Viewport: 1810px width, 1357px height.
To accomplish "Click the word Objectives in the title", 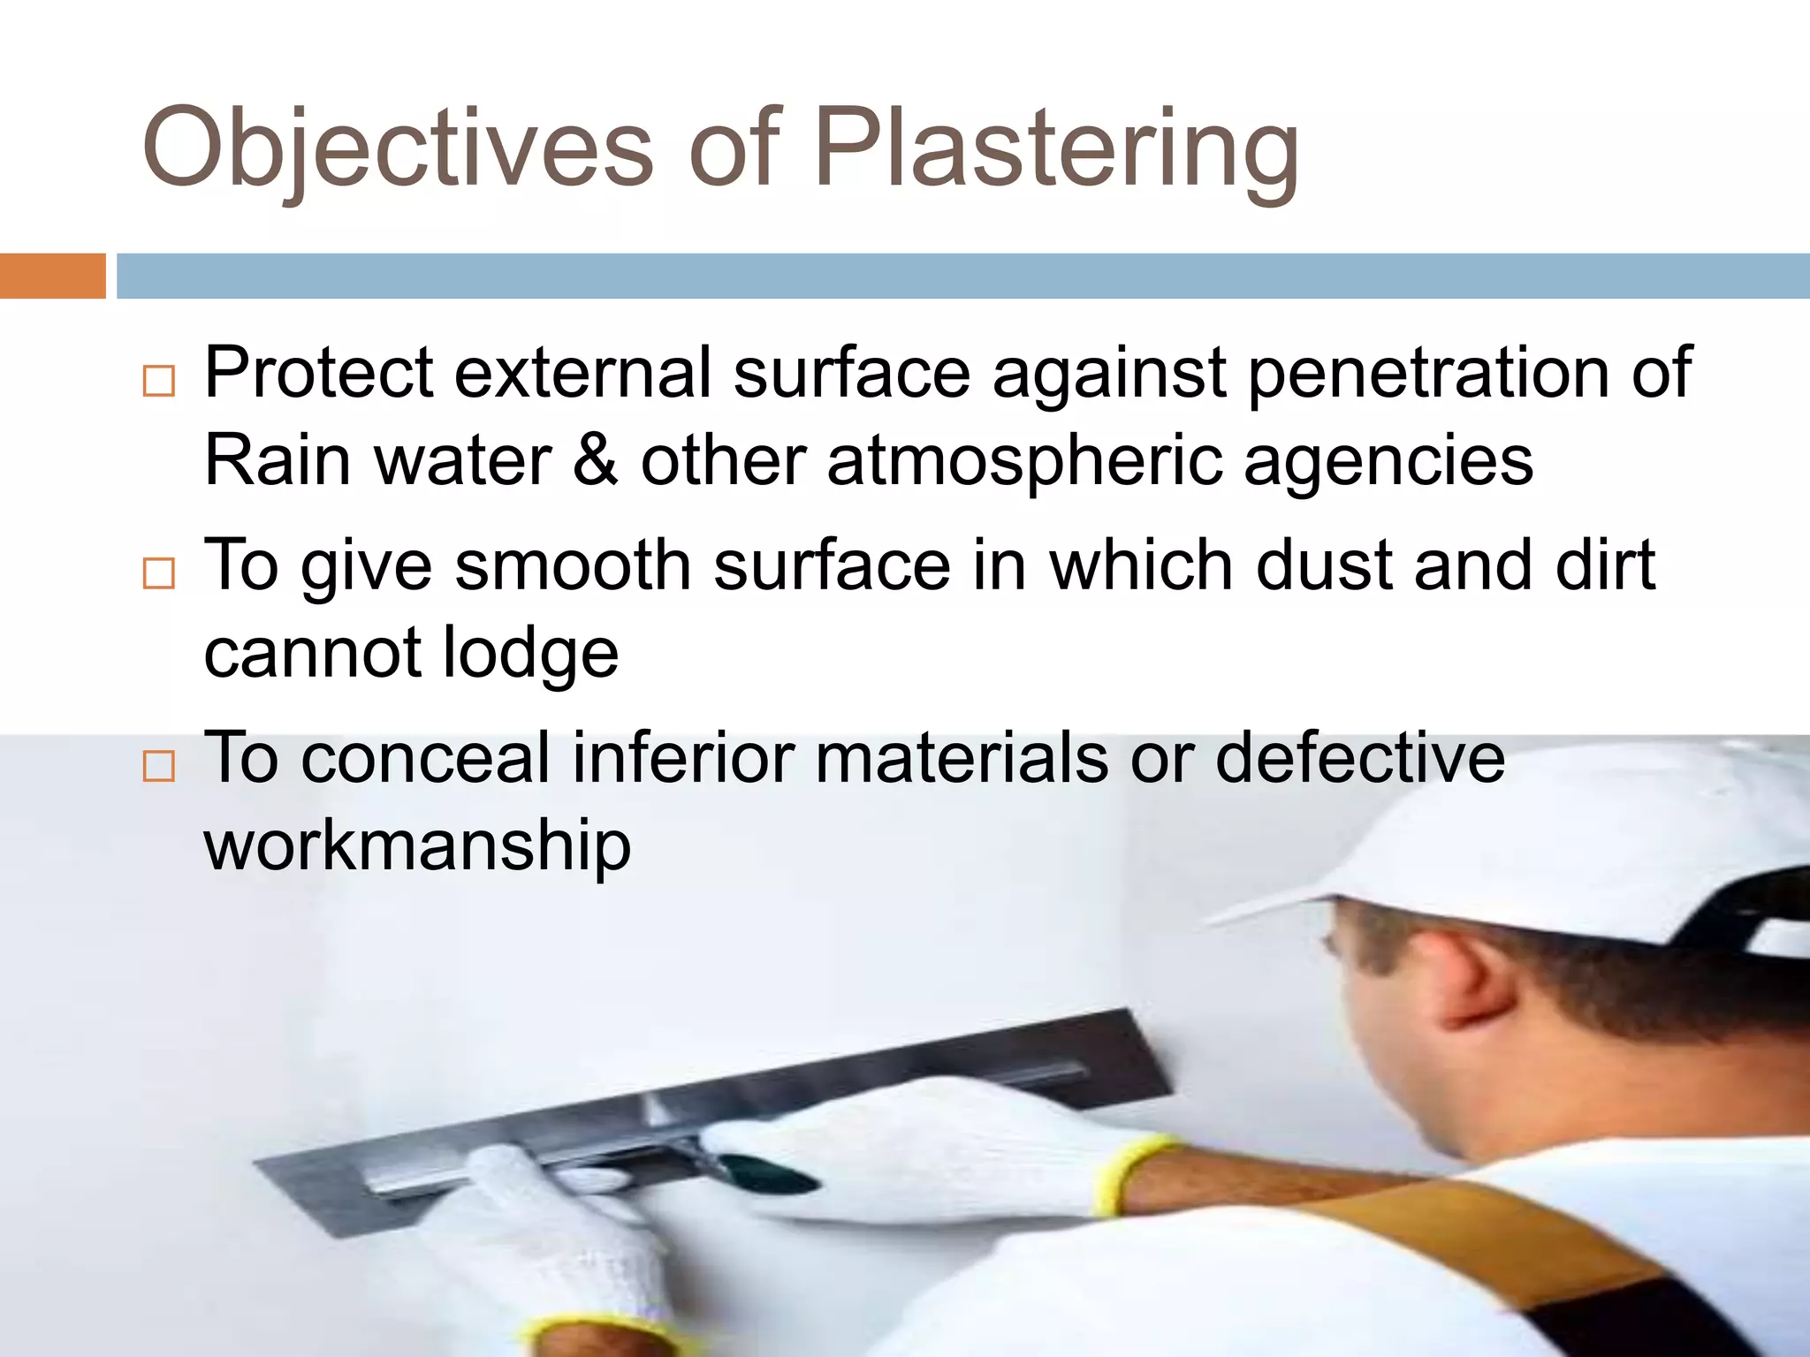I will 398,148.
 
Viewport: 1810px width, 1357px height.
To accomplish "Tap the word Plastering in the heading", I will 1056,148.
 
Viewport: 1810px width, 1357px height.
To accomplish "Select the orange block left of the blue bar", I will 52,276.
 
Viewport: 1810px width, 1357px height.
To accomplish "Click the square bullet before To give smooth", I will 159,573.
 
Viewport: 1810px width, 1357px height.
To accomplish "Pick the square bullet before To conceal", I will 159,766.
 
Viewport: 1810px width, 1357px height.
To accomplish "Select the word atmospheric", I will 1024,461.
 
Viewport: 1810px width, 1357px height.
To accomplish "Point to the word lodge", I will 530,654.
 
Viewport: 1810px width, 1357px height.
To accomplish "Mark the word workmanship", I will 417,845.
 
